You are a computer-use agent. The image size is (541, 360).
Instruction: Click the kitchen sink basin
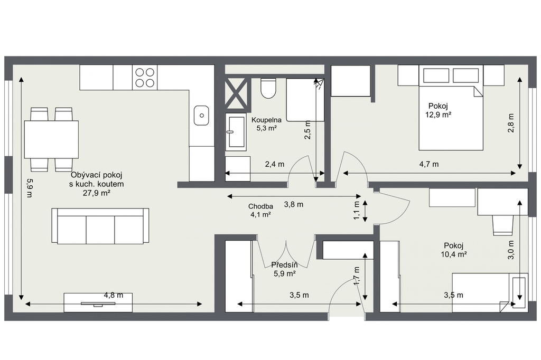pyautogui.click(x=201, y=115)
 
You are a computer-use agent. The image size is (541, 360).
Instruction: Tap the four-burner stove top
pyautogui.click(x=145, y=78)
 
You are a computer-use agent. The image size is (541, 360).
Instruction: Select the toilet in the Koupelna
pyautogui.click(x=268, y=88)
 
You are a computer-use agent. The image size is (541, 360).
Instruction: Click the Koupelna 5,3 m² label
pyautogui.click(x=266, y=124)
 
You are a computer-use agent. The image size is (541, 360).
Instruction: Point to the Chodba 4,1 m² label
pyautogui.click(x=260, y=210)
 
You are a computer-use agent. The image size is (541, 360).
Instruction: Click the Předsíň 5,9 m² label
pyautogui.click(x=284, y=269)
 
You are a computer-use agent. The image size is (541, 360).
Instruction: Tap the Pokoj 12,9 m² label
pyautogui.click(x=438, y=110)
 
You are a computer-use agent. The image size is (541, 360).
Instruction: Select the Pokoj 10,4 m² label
pyautogui.click(x=454, y=250)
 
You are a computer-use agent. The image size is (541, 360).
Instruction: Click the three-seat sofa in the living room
pyautogui.click(x=100, y=226)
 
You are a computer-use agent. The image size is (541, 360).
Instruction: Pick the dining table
pyautogui.click(x=51, y=139)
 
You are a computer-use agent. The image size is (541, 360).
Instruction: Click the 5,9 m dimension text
pyautogui.click(x=30, y=187)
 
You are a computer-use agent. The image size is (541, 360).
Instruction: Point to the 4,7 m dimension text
pyautogui.click(x=429, y=164)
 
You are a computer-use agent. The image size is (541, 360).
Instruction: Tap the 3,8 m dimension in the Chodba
pyautogui.click(x=294, y=204)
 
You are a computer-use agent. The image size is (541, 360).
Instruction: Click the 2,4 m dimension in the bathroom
pyautogui.click(x=275, y=164)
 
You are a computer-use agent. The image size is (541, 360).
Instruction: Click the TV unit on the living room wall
pyautogui.click(x=98, y=303)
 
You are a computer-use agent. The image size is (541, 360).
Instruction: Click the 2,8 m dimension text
pyautogui.click(x=511, y=123)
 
